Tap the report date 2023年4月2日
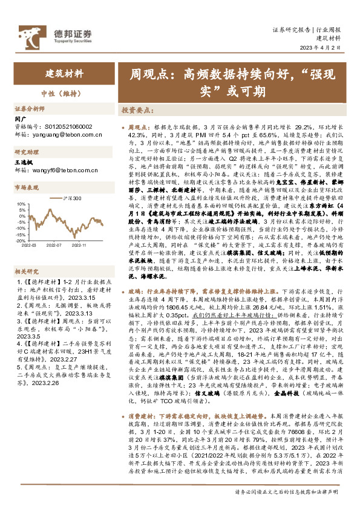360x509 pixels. pos(328,50)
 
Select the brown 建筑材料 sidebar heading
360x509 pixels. pos(65,74)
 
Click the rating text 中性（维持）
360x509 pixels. pos(58,94)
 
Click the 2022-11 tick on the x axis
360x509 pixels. pos(79,246)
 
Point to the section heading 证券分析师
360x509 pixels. pos(30,109)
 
